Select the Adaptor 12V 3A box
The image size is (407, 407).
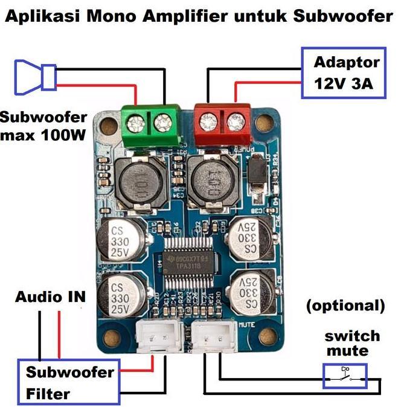(342, 73)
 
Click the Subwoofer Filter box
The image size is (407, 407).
(69, 382)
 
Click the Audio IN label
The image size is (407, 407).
(51, 297)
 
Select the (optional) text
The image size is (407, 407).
(345, 306)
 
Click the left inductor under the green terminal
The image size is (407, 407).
(138, 179)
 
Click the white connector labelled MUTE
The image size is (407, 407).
(218, 333)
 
